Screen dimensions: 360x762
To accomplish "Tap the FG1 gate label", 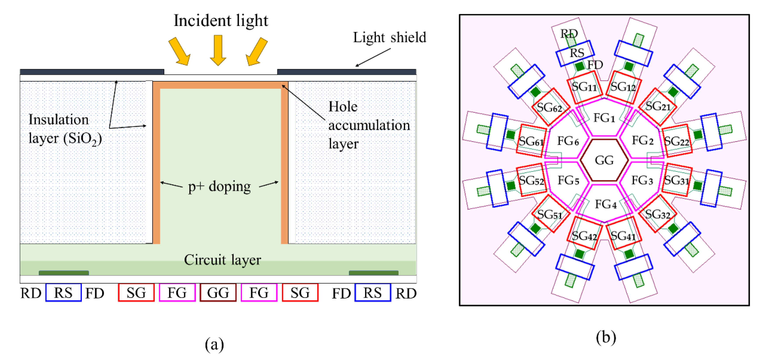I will click(604, 118).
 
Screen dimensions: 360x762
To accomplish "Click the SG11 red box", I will click(584, 87).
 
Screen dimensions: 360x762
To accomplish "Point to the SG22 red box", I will click(677, 141).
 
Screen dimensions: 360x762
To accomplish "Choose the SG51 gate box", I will click(550, 214).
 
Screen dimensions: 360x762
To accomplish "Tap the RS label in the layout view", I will click(577, 53).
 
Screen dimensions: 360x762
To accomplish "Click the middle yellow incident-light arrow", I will click(218, 50).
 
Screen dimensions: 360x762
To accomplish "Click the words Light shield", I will click(389, 37).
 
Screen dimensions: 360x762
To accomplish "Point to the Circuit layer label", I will click(222, 260).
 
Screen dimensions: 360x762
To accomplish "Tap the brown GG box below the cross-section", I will click(218, 293).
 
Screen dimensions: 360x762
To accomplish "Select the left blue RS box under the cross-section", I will click(63, 293).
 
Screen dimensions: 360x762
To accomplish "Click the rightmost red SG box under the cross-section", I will click(300, 293).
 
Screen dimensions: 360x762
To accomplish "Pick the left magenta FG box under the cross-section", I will click(177, 293).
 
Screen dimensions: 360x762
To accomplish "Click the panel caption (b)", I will click(606, 337).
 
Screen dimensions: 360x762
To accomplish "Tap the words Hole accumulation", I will click(369, 116).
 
